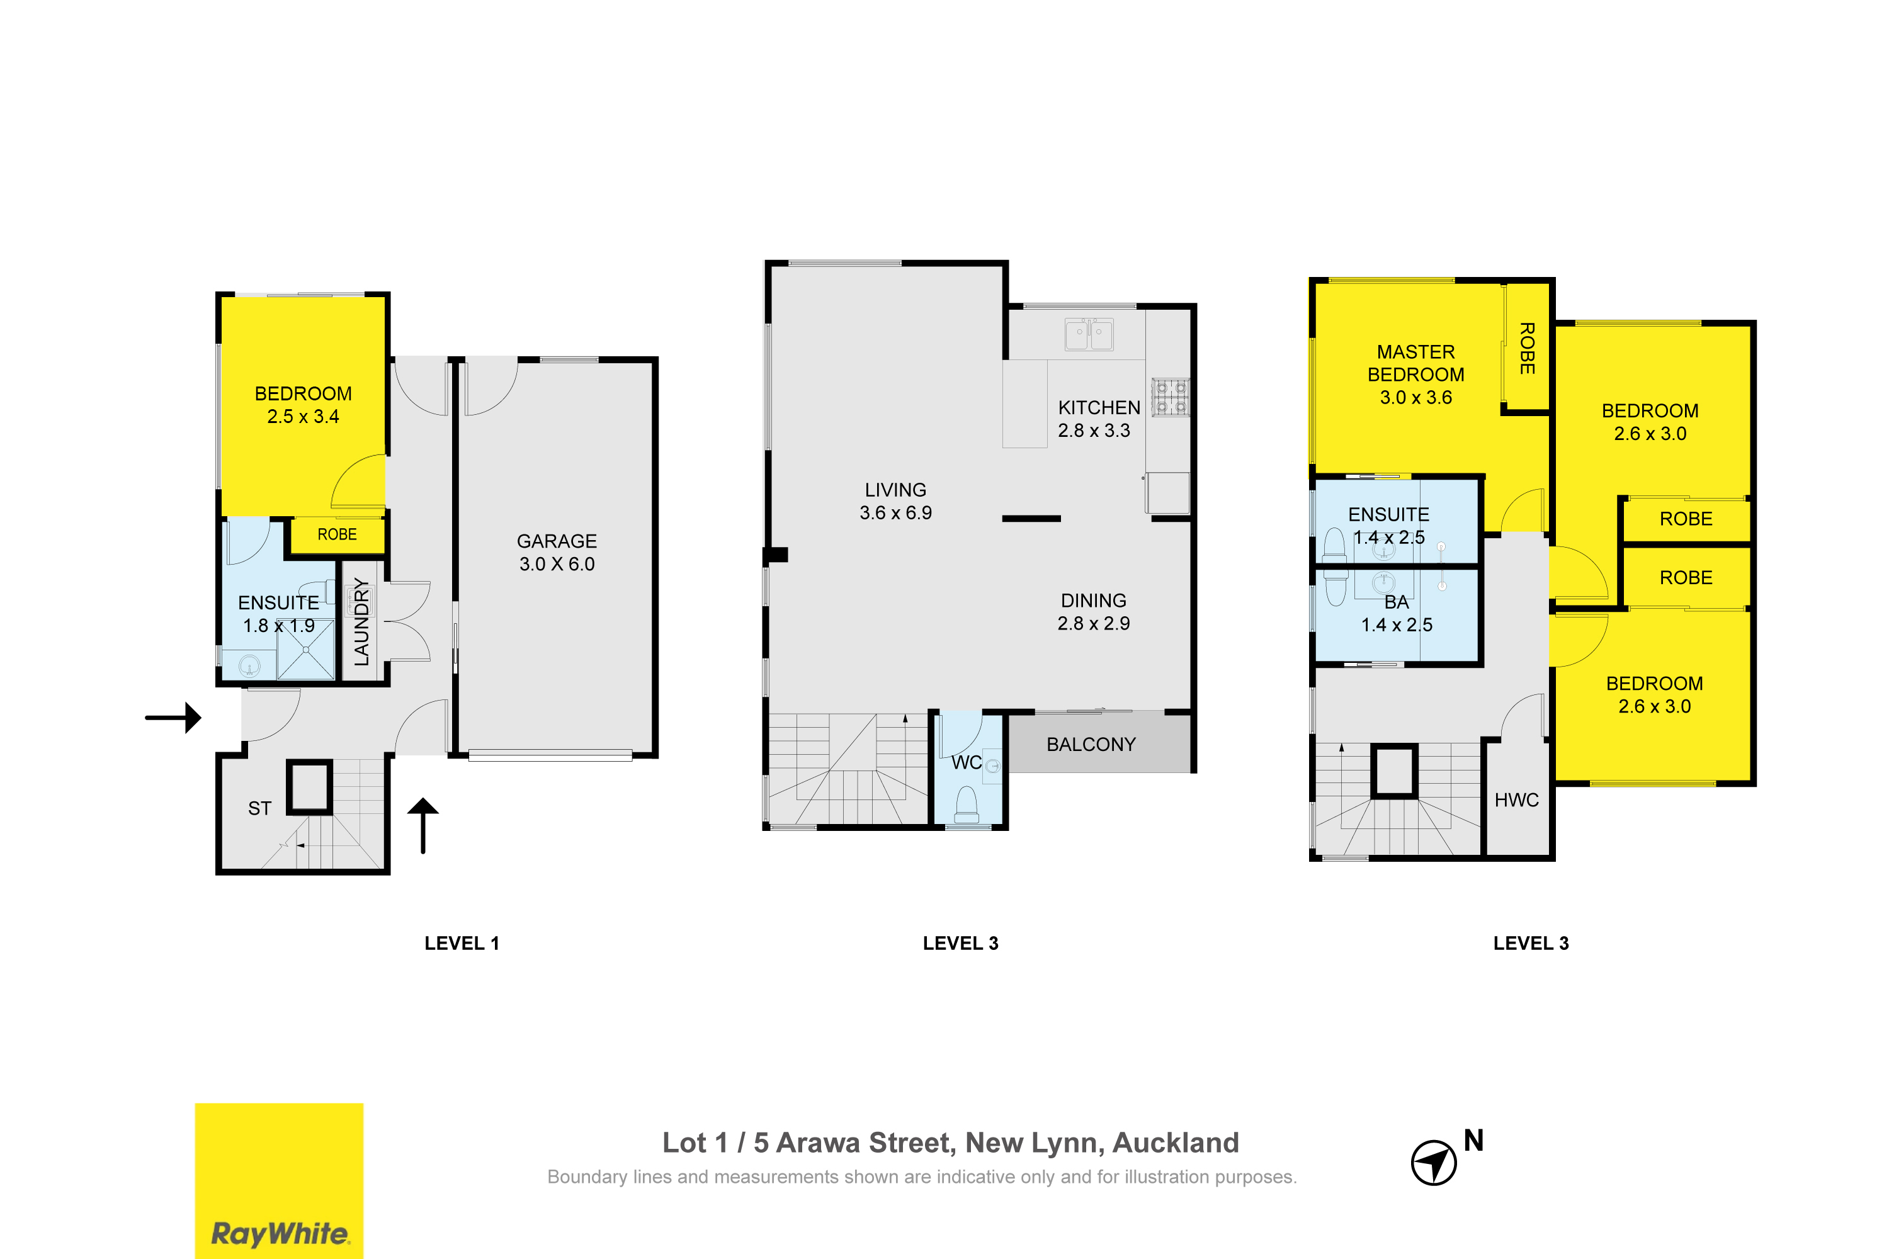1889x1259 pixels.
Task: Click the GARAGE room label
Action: tap(557, 541)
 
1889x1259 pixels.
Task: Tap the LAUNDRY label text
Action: tap(362, 623)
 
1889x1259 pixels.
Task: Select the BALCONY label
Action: tap(1091, 744)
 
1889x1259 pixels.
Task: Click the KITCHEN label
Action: tap(1099, 408)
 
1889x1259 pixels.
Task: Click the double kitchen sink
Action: tap(1089, 334)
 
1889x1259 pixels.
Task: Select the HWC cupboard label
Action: tap(1516, 799)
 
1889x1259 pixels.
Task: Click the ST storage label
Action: tap(259, 808)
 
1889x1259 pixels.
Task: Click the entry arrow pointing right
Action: tap(173, 717)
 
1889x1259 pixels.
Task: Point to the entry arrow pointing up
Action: tap(423, 825)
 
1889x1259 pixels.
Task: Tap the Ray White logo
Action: tap(279, 1180)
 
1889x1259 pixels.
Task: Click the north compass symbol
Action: tap(1434, 1162)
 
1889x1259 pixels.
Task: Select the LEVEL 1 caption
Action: tap(462, 944)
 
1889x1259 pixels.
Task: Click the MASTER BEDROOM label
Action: tap(1416, 363)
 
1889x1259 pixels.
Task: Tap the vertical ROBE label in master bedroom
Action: tap(1527, 349)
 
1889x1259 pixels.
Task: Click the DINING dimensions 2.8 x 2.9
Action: tap(1093, 624)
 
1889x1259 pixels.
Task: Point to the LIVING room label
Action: tap(895, 490)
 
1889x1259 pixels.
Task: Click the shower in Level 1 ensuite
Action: tap(305, 650)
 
